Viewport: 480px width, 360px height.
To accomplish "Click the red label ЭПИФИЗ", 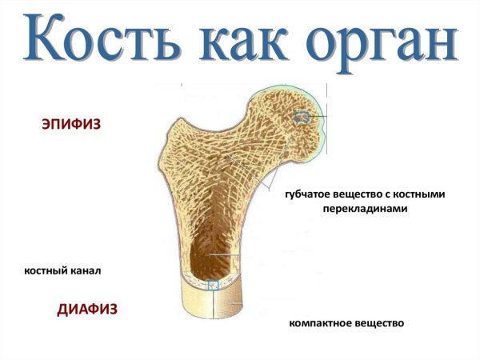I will click(x=71, y=125).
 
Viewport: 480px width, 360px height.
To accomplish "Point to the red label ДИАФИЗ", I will click(x=88, y=309).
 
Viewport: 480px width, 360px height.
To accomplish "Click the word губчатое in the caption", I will click(x=310, y=194).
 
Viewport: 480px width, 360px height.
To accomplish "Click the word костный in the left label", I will click(x=47, y=271).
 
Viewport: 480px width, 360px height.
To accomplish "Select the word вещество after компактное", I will click(x=380, y=324).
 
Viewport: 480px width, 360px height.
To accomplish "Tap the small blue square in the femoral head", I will click(x=303, y=117).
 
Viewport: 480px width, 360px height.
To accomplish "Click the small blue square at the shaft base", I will click(x=213, y=285).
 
